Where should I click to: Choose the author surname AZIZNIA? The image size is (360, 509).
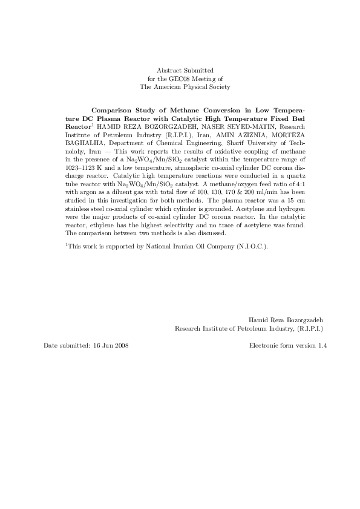[232, 136]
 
